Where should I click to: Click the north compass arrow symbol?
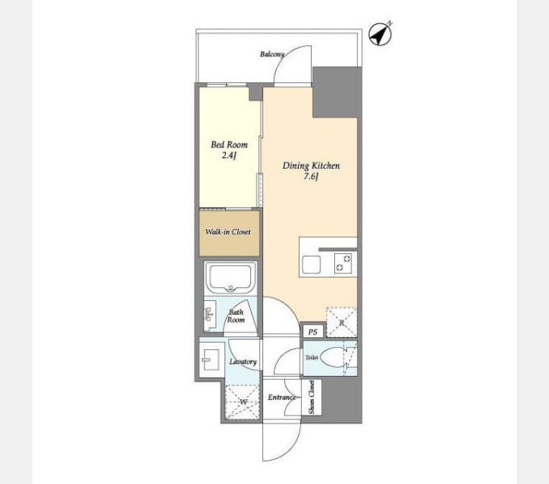(x=380, y=34)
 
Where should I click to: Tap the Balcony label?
(x=272, y=54)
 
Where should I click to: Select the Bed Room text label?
(x=229, y=144)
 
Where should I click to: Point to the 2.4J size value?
(x=229, y=155)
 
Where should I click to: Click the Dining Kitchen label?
(x=311, y=165)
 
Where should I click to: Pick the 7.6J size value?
(x=311, y=176)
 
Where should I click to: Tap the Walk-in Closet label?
(x=228, y=232)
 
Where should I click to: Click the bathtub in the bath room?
(x=230, y=277)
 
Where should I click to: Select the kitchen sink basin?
(x=312, y=265)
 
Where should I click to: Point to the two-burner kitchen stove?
(x=343, y=263)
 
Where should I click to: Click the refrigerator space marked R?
(x=342, y=323)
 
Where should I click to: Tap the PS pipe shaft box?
(x=312, y=332)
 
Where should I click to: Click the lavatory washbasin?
(x=211, y=360)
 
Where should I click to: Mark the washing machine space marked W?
(x=243, y=402)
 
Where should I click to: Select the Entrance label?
(x=282, y=397)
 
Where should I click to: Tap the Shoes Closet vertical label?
(x=312, y=398)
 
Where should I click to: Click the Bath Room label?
(x=236, y=315)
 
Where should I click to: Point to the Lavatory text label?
(x=243, y=361)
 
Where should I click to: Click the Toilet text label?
(x=312, y=357)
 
